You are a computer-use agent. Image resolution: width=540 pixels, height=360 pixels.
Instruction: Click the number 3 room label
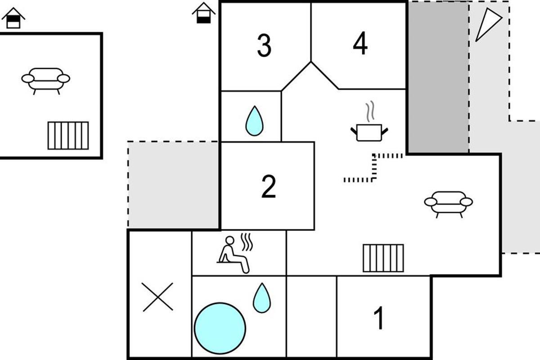[x=264, y=45]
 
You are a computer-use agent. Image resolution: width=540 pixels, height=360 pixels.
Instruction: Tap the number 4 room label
[x=360, y=43]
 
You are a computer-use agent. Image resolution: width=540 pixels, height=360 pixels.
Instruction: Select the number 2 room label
[x=269, y=186]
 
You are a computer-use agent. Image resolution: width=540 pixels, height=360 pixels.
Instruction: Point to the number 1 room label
[x=379, y=318]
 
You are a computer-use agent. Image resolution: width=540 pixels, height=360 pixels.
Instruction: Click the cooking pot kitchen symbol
[x=369, y=132]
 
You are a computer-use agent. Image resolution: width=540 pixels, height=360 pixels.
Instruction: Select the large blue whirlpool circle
[x=220, y=328]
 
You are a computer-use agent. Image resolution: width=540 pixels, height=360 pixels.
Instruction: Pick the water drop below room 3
[x=254, y=121]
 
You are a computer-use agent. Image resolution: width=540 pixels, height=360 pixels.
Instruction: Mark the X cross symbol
[x=157, y=297]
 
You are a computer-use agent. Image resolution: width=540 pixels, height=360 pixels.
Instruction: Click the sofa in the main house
[x=448, y=204]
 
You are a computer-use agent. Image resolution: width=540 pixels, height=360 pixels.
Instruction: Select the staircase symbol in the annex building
[x=68, y=135]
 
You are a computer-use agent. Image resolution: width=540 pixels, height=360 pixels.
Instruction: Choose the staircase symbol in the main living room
[x=383, y=258]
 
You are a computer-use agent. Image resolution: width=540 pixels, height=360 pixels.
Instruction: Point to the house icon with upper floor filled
[x=13, y=18]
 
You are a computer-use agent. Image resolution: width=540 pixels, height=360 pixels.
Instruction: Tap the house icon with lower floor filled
[x=204, y=13]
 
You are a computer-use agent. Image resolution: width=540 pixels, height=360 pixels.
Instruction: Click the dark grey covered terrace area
[x=438, y=77]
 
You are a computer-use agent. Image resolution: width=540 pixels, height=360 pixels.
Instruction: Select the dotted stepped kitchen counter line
[x=373, y=167]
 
